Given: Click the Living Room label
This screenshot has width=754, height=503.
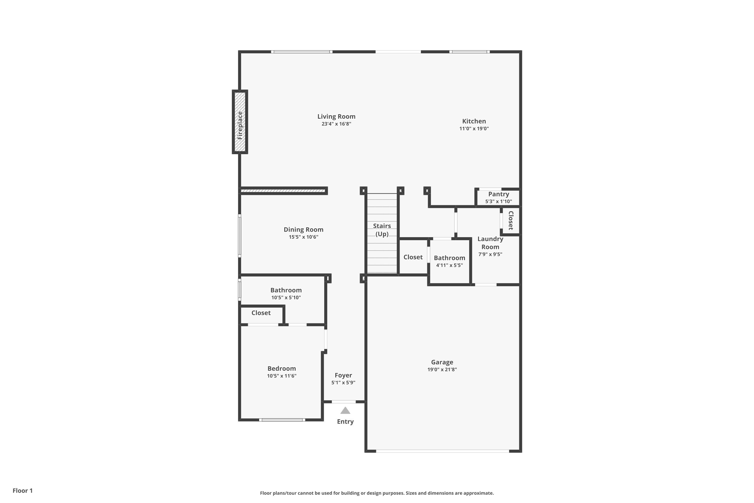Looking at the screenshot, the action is pyautogui.click(x=336, y=116).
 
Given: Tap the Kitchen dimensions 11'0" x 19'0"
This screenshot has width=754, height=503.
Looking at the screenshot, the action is pyautogui.click(x=474, y=129).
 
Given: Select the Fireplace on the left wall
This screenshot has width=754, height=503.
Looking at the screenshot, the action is pyautogui.click(x=240, y=122).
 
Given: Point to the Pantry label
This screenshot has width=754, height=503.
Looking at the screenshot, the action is pyautogui.click(x=498, y=194).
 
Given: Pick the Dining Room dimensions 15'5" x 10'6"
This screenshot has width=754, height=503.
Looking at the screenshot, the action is pyautogui.click(x=303, y=237).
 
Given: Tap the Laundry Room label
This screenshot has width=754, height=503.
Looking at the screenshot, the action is pyautogui.click(x=490, y=243).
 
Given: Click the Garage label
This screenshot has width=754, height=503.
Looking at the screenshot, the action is pyautogui.click(x=442, y=362).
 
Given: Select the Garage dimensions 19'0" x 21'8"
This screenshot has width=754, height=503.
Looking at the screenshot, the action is pyautogui.click(x=442, y=369).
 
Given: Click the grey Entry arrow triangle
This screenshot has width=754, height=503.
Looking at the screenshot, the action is pyautogui.click(x=345, y=411).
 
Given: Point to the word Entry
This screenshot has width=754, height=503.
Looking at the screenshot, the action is pyautogui.click(x=345, y=422).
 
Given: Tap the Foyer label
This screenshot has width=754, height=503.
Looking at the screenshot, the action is pyautogui.click(x=343, y=375).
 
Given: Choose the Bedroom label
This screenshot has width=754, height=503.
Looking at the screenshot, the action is pyautogui.click(x=281, y=369).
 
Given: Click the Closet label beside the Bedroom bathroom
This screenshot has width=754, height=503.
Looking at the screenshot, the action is pyautogui.click(x=261, y=313).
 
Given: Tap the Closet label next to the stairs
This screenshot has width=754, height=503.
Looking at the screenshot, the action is pyautogui.click(x=413, y=257).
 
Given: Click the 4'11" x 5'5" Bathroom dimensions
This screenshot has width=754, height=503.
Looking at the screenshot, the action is pyautogui.click(x=449, y=265).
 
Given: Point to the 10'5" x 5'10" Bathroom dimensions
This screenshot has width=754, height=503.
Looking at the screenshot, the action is pyautogui.click(x=286, y=298).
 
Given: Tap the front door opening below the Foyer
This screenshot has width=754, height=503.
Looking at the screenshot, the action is pyautogui.click(x=344, y=402).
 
